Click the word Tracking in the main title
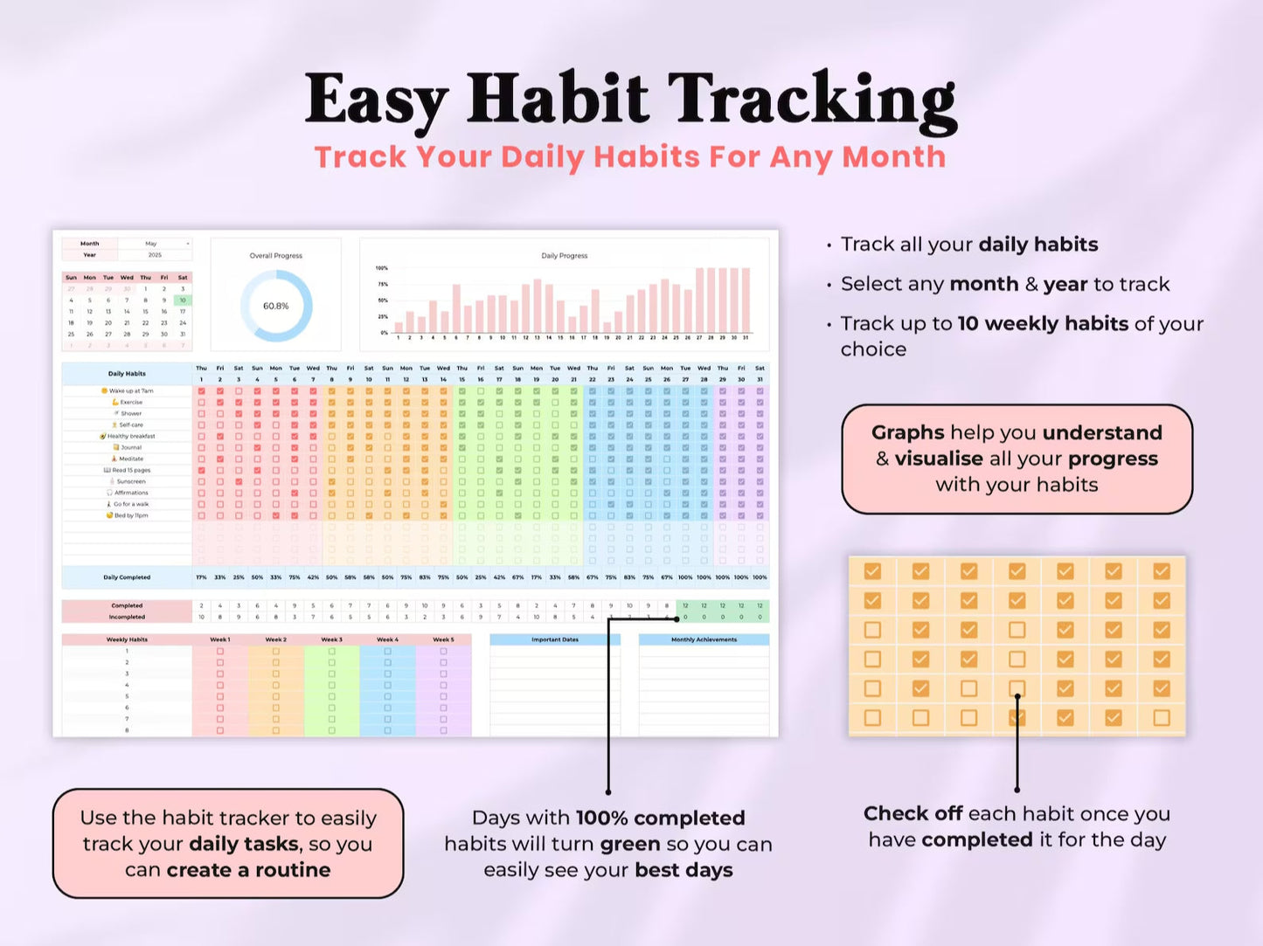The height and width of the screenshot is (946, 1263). (812, 100)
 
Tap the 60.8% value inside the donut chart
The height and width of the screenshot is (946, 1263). (275, 306)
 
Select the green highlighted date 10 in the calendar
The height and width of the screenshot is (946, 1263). (183, 300)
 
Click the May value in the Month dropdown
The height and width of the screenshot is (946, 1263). (151, 244)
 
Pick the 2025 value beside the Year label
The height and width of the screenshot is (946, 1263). (155, 255)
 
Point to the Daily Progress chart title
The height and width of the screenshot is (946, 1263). (564, 256)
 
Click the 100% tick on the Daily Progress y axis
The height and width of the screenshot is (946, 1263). (381, 268)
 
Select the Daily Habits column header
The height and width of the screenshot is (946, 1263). (127, 374)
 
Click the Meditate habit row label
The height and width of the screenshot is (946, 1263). (130, 459)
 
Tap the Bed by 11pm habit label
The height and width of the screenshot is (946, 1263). (130, 515)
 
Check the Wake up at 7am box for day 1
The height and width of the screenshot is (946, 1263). (202, 391)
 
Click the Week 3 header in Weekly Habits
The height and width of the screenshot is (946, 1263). (331, 639)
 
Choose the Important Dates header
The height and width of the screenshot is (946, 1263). (555, 639)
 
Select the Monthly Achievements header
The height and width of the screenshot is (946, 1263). (704, 639)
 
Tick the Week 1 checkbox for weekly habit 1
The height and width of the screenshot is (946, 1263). (220, 652)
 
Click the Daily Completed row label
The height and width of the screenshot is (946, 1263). (127, 577)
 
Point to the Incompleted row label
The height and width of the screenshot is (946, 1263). (127, 617)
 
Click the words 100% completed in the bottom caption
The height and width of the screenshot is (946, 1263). (660, 818)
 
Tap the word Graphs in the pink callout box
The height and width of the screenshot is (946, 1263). (907, 433)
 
